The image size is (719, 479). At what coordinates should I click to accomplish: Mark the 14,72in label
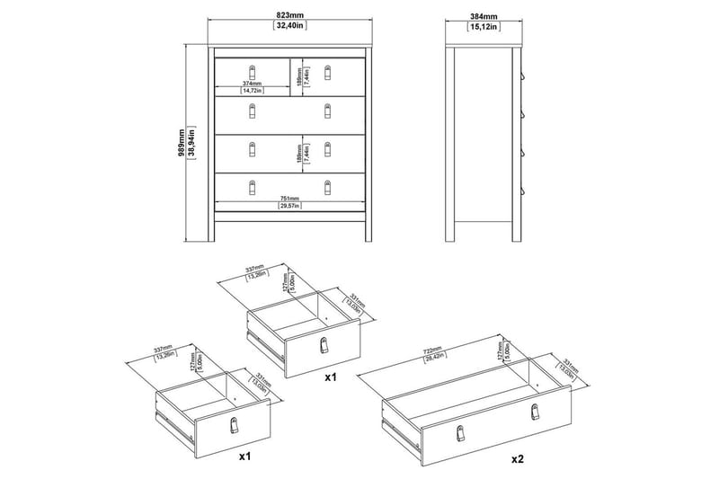coord(252,92)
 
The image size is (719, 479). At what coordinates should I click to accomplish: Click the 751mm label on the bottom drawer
coord(288,200)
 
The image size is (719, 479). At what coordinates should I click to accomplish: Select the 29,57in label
coord(288,207)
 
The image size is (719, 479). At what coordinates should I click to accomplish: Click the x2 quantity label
coord(518,458)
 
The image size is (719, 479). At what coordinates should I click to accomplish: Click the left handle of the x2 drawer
coord(458,432)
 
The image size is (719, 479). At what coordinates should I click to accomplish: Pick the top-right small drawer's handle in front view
coord(328,71)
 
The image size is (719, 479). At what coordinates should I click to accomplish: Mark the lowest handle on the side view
coord(521,191)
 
